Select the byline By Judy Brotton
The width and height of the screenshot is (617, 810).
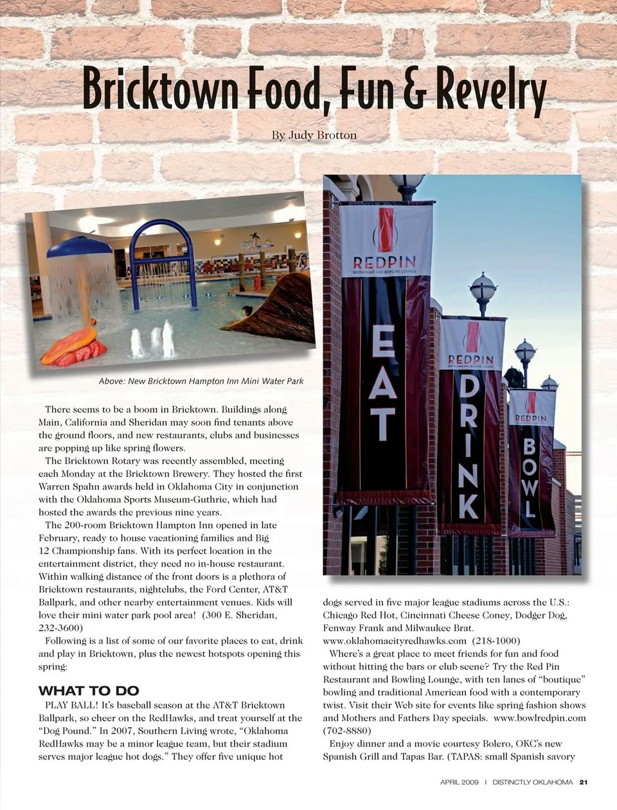click(x=314, y=135)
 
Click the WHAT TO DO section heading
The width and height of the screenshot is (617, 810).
click(x=89, y=691)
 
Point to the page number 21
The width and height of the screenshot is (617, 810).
click(x=583, y=782)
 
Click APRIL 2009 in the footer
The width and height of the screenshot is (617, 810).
click(x=460, y=782)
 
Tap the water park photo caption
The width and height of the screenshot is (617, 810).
click(x=201, y=381)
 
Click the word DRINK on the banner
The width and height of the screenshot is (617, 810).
click(x=469, y=446)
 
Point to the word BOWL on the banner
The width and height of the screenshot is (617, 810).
click(x=530, y=476)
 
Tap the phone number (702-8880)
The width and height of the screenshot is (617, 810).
click(x=347, y=731)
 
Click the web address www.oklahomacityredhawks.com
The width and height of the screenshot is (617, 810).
click(x=395, y=641)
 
